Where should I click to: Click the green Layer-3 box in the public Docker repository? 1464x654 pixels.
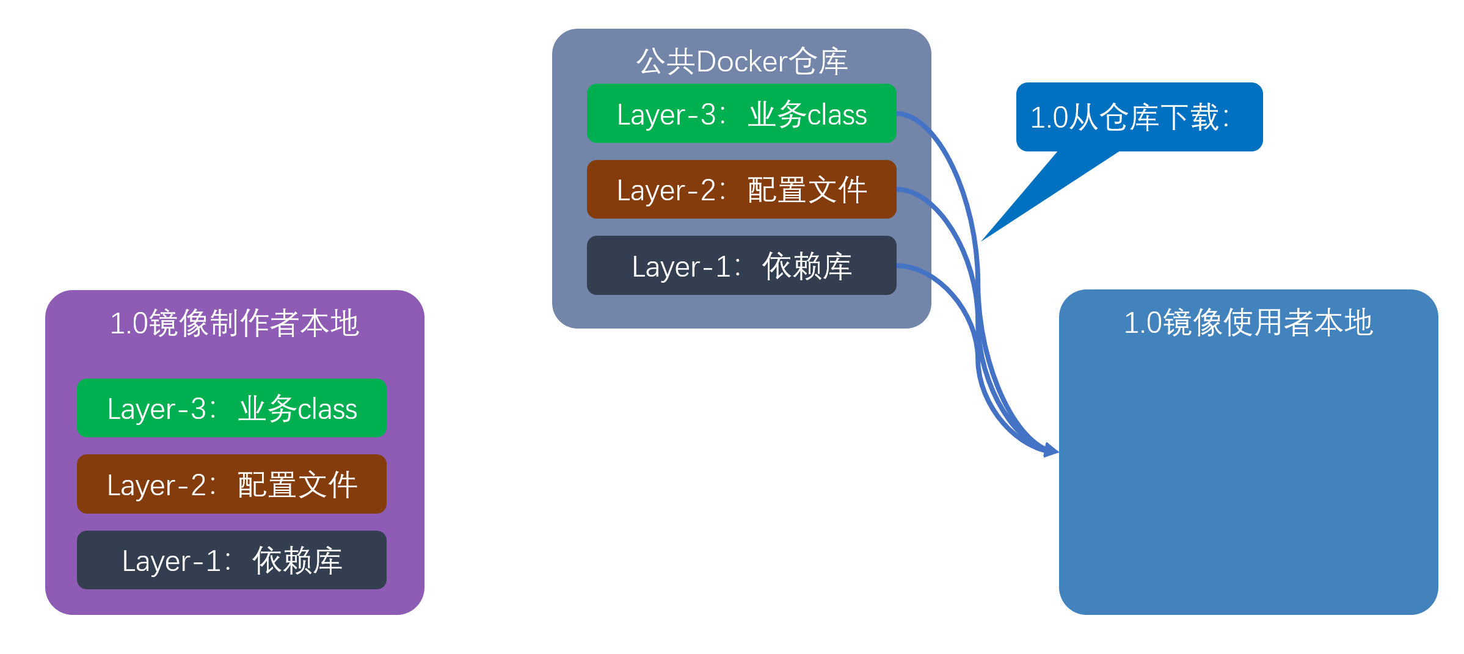click(x=741, y=114)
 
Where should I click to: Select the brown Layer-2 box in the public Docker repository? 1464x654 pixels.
click(x=741, y=189)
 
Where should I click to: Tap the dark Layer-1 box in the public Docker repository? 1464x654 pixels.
click(x=741, y=266)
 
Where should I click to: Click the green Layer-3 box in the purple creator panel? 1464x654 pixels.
click(x=231, y=408)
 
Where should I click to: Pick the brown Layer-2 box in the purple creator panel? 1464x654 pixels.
click(x=231, y=484)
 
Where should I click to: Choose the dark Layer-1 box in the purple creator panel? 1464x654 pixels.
click(x=231, y=560)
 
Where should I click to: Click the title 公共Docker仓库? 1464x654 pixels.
click(x=741, y=62)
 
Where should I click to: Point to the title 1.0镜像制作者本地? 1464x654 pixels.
click(x=235, y=323)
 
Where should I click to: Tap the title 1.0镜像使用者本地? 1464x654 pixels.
click(x=1248, y=322)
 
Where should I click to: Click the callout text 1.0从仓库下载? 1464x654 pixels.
click(x=1129, y=117)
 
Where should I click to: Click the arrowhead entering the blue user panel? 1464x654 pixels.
click(x=1052, y=451)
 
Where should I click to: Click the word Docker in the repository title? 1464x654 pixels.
click(x=741, y=62)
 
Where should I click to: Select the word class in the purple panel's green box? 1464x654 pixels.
click(x=327, y=409)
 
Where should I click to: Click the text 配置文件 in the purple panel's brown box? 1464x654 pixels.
click(x=297, y=485)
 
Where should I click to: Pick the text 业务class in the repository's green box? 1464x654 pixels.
click(x=807, y=114)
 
